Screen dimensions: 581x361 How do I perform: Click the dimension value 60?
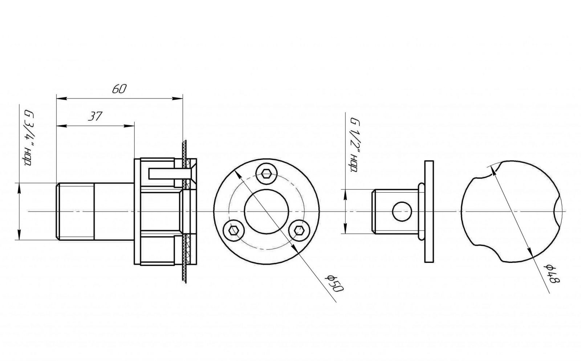tap(119, 89)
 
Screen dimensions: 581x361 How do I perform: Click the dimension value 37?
tap(95, 116)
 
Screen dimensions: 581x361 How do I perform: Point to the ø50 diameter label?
tap(334, 284)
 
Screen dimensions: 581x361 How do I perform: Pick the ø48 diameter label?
tap(552, 274)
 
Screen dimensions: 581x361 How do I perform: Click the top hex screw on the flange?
tap(266, 173)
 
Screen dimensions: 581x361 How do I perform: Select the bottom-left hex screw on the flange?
tap(234, 230)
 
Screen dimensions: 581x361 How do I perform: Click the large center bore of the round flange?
tap(267, 212)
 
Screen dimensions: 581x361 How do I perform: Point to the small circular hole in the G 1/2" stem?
tap(402, 212)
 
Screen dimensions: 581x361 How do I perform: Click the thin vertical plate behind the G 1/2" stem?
tap(429, 212)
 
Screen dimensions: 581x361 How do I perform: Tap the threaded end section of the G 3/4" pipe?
tap(75, 212)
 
